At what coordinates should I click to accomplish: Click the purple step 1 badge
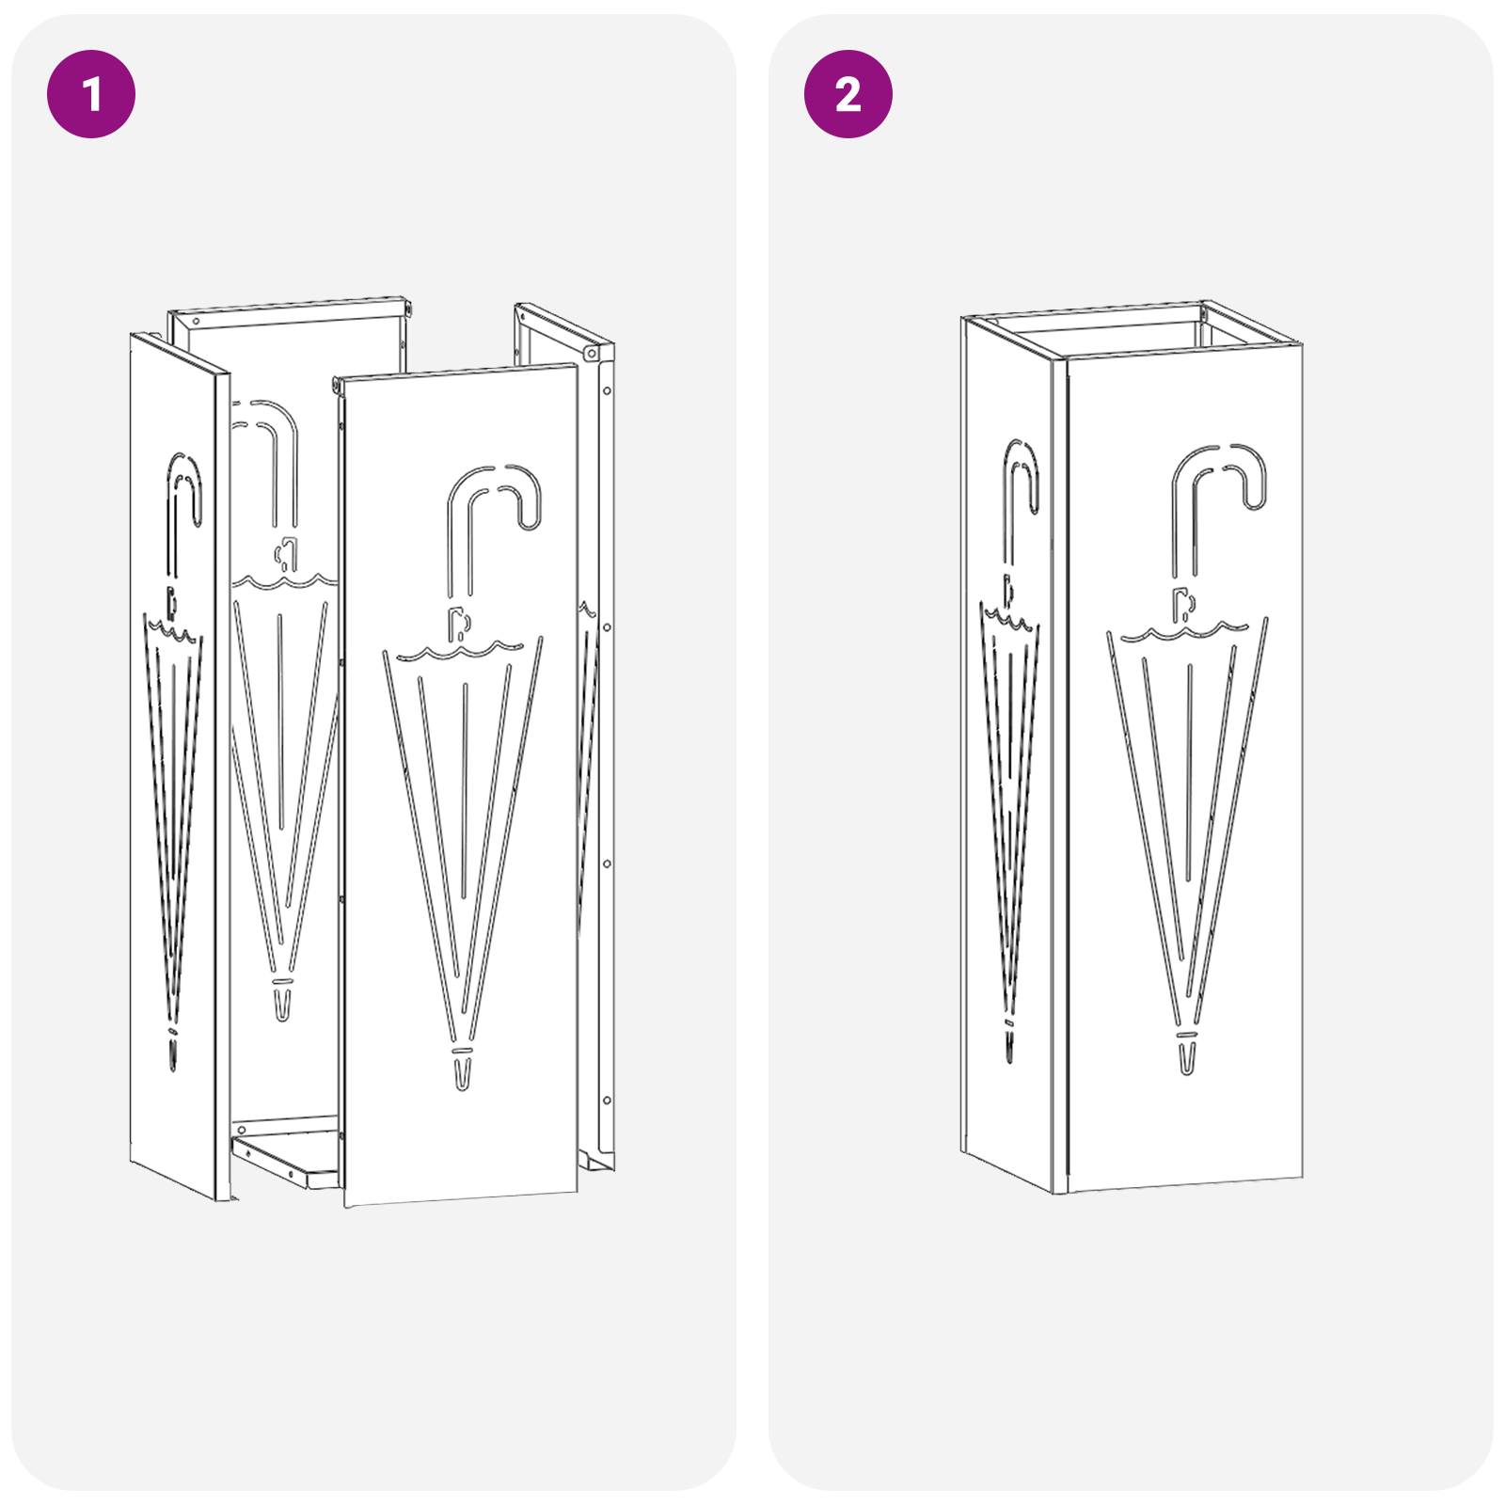[91, 94]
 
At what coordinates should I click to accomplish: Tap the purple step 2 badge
[848, 94]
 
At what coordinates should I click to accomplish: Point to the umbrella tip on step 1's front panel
[462, 1072]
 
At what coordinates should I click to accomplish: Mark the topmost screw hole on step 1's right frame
[607, 390]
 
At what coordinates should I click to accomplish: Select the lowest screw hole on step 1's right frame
[607, 1100]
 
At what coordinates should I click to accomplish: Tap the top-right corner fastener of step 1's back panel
[406, 306]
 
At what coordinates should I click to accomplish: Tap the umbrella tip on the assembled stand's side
[1009, 1044]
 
